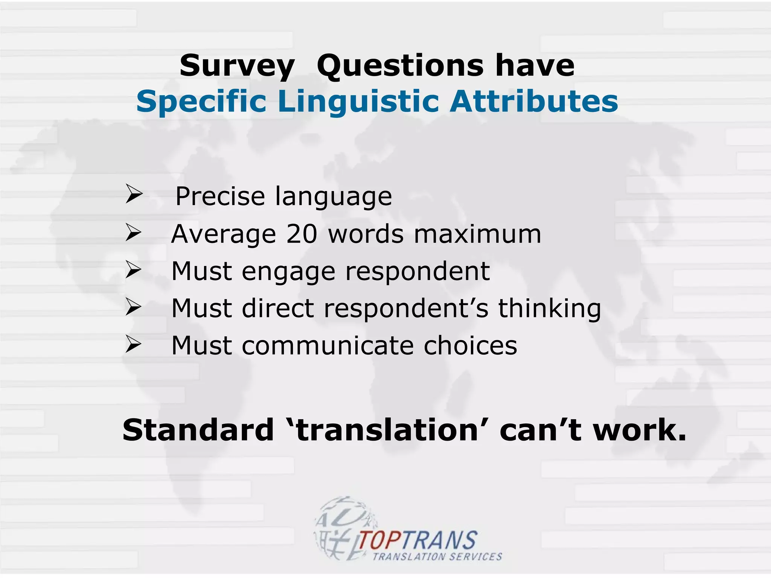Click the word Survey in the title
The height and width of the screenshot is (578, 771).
237,66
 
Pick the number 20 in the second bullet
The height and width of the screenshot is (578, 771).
302,234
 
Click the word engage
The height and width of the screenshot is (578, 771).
288,272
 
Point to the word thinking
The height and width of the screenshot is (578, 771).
550,309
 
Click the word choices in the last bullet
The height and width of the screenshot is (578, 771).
470,345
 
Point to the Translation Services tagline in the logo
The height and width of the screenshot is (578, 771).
437,557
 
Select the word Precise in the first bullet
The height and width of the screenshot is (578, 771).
220,196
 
